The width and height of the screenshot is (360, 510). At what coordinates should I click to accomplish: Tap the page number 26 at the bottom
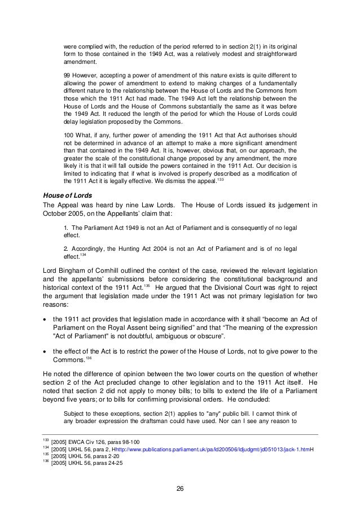coord(180,489)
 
